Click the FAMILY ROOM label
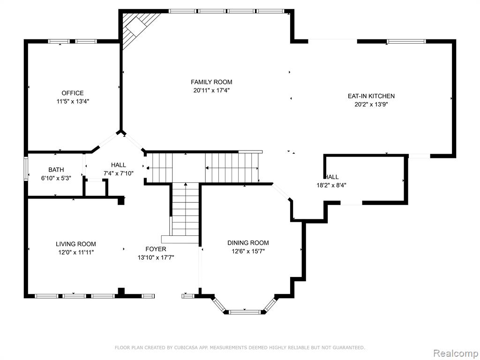[211, 82]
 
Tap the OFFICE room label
[73, 93]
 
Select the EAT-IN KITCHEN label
[371, 96]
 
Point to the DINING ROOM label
[248, 243]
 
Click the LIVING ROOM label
[75, 244]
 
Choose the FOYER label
[156, 249]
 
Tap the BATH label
[56, 170]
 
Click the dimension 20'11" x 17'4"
[211, 90]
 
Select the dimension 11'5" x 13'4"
[73, 101]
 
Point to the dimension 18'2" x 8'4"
[331, 185]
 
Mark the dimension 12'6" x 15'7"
[248, 251]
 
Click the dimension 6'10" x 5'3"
[56, 178]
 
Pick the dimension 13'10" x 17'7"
[156, 257]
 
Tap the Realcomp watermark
[456, 353]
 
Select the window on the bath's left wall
[26, 168]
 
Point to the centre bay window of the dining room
[244, 312]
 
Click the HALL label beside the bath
[119, 165]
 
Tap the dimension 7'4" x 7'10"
[119, 173]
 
